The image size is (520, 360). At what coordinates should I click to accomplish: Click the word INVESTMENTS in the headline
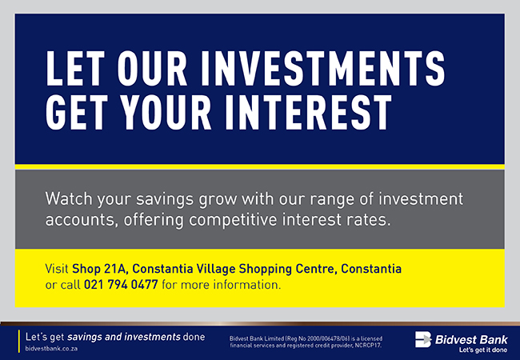(322, 68)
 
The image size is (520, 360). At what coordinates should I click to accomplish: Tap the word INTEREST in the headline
(309, 112)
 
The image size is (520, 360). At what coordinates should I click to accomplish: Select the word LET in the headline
(75, 68)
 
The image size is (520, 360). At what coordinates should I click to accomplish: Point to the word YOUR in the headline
(166, 112)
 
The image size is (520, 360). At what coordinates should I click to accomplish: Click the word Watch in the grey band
(69, 199)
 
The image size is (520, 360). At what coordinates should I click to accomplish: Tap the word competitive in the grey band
(233, 219)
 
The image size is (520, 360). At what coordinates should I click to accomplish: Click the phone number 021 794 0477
(121, 285)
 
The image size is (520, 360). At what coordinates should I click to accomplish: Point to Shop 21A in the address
(100, 269)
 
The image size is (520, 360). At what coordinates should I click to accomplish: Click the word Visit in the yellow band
(57, 269)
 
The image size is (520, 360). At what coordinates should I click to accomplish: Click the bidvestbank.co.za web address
(51, 349)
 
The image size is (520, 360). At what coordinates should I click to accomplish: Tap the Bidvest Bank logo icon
(423, 339)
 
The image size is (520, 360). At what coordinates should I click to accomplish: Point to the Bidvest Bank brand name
(471, 339)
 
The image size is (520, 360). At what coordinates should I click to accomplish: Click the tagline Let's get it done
(483, 350)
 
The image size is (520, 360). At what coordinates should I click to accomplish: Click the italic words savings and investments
(124, 337)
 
